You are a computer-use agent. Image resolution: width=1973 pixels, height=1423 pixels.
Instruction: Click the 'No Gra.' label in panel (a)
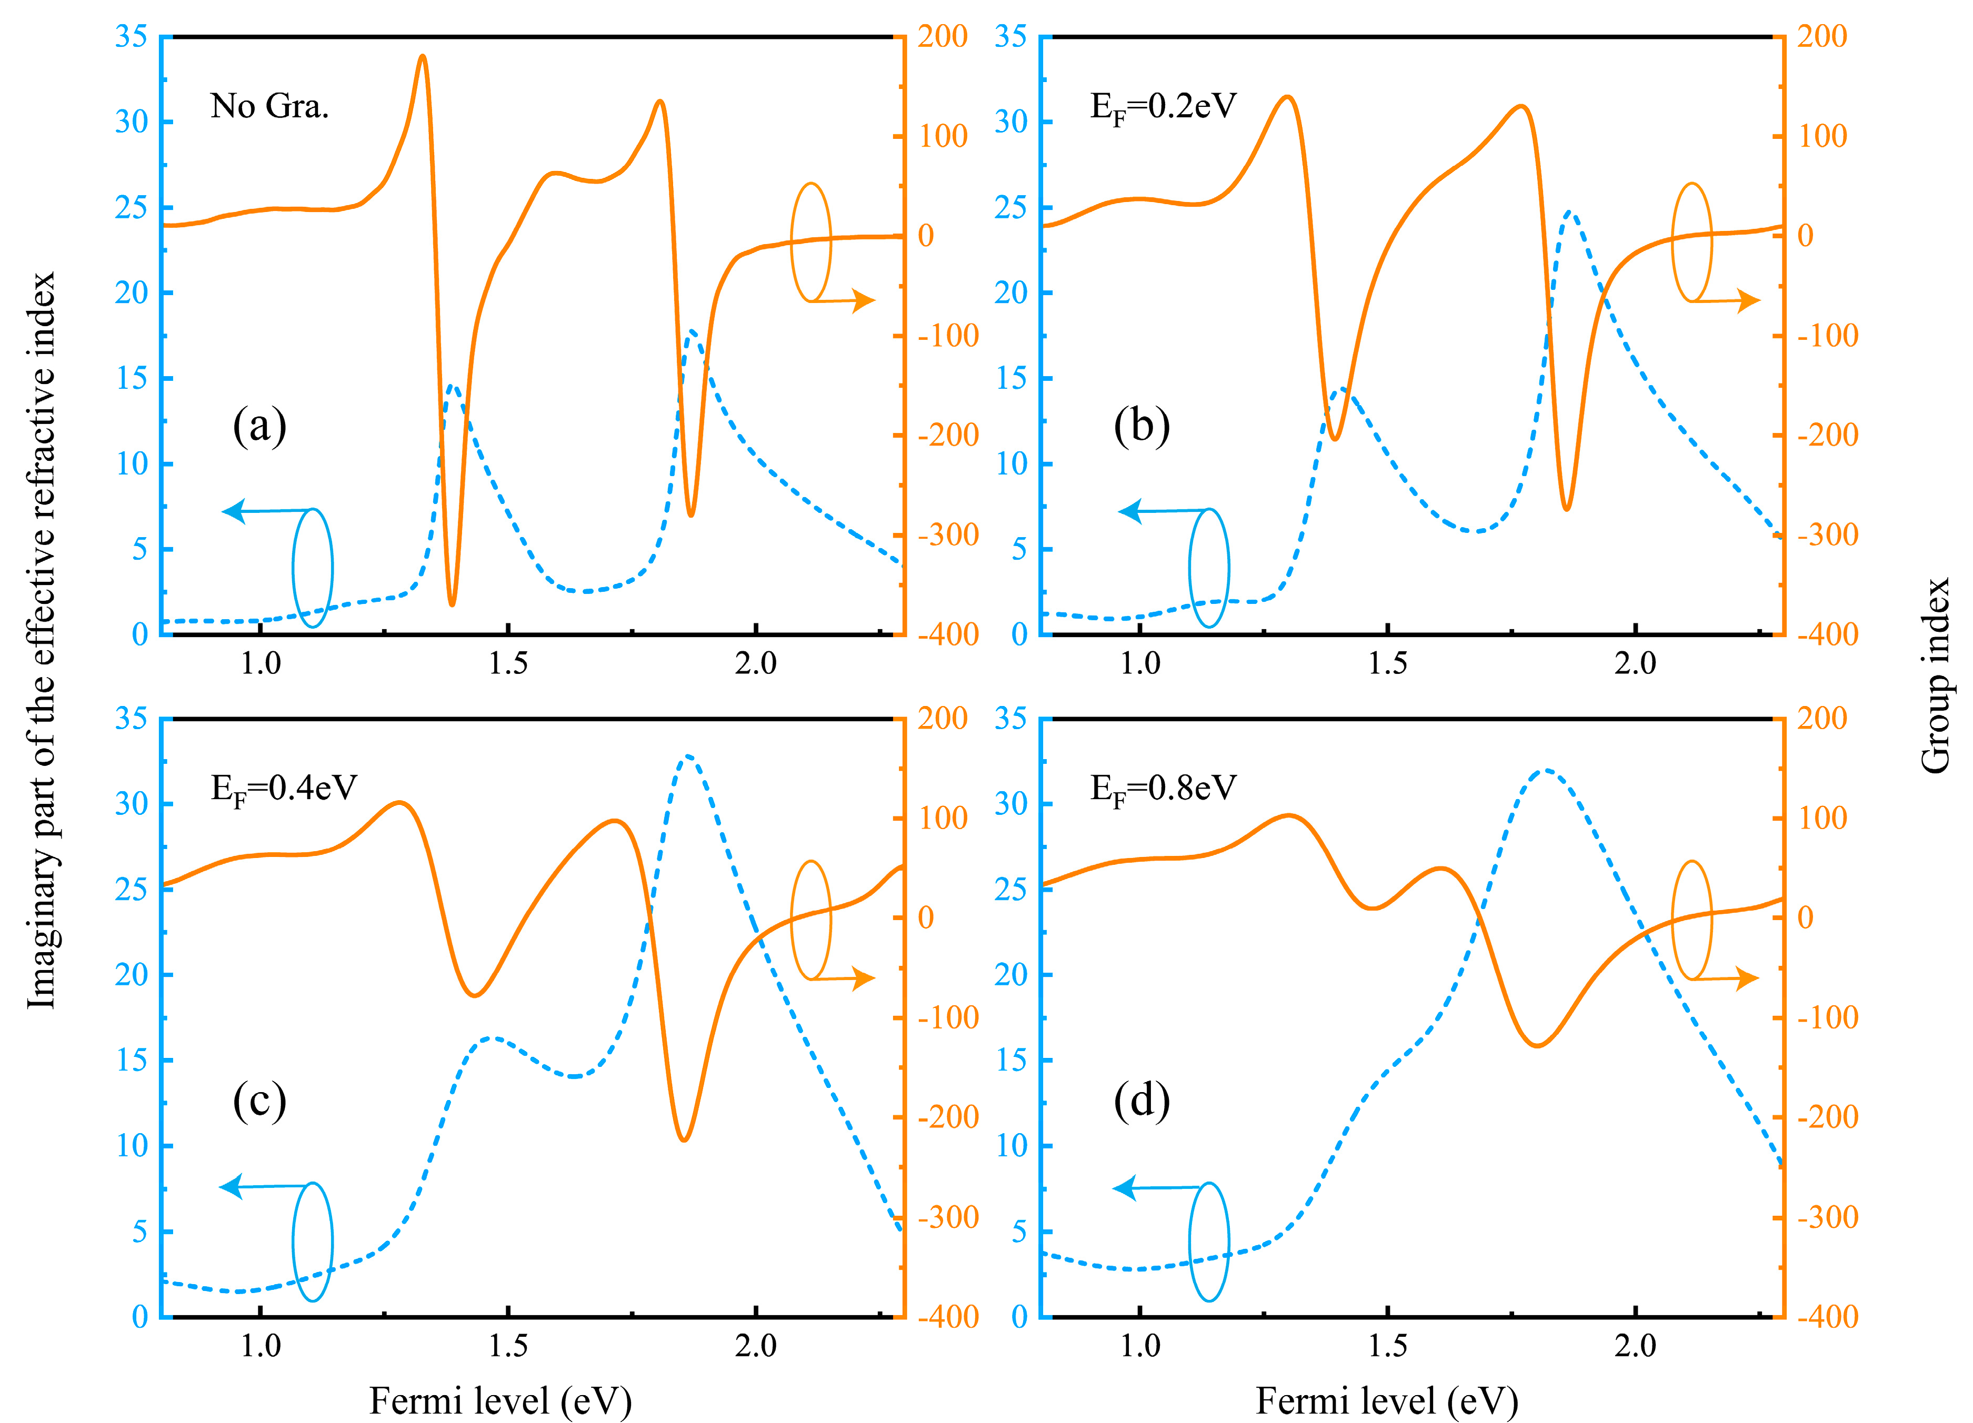pyautogui.click(x=269, y=106)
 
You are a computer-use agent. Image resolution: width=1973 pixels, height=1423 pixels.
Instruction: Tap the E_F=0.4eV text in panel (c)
pyautogui.click(x=284, y=789)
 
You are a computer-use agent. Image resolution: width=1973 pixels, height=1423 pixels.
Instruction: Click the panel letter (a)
pyautogui.click(x=259, y=426)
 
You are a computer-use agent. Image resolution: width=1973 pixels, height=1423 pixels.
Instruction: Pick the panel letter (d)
pyautogui.click(x=1141, y=1101)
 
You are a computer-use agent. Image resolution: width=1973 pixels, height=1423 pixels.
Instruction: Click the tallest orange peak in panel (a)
pyautogui.click(x=423, y=56)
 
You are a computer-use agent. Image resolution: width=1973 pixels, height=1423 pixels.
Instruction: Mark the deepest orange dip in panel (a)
pyautogui.click(x=452, y=603)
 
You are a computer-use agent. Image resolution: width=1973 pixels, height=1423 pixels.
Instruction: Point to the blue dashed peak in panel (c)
pyautogui.click(x=688, y=756)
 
